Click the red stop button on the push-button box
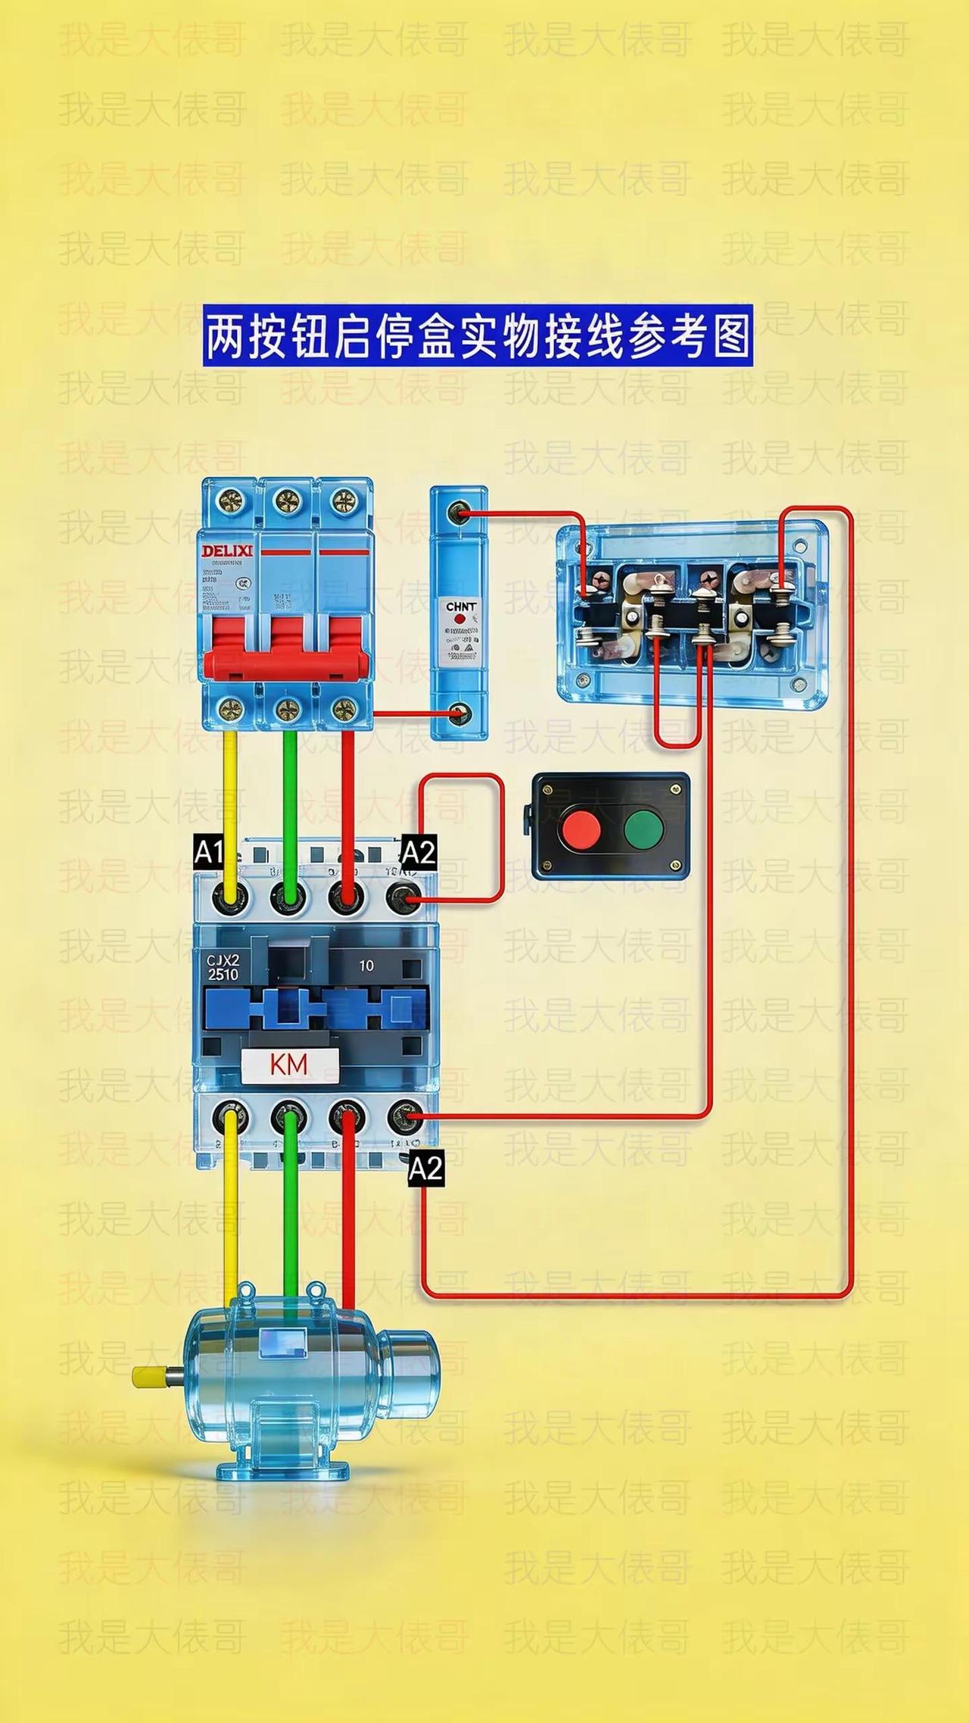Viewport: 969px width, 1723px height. [580, 827]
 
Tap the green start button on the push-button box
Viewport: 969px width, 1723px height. [643, 827]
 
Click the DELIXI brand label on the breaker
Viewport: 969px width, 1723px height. [226, 550]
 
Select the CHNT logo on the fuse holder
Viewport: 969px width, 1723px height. [460, 607]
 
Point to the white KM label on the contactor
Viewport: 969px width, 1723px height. [289, 1064]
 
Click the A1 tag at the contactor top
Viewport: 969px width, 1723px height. [209, 853]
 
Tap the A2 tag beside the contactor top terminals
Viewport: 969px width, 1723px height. [418, 853]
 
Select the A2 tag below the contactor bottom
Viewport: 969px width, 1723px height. [425, 1168]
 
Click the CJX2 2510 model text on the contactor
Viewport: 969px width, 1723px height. [223, 967]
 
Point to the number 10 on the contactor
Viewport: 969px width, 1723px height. [366, 966]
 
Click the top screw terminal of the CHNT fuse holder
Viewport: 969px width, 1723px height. [457, 513]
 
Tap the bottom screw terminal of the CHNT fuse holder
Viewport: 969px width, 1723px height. [458, 713]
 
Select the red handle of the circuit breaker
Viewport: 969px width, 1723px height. [289, 648]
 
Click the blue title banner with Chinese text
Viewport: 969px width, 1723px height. [478, 336]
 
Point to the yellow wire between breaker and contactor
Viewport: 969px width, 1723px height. [230, 803]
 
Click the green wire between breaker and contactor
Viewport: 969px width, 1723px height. [289, 803]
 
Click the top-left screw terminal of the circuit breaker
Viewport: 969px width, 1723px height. [229, 500]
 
